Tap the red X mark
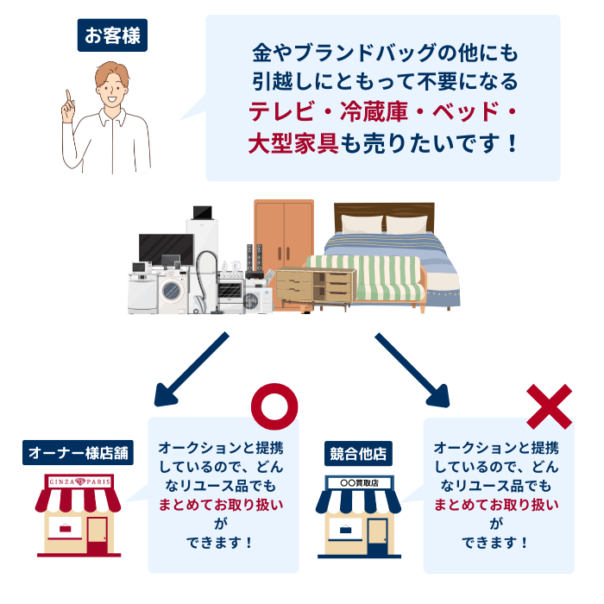click(x=549, y=406)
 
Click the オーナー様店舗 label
click(x=78, y=452)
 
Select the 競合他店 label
click(x=357, y=452)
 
